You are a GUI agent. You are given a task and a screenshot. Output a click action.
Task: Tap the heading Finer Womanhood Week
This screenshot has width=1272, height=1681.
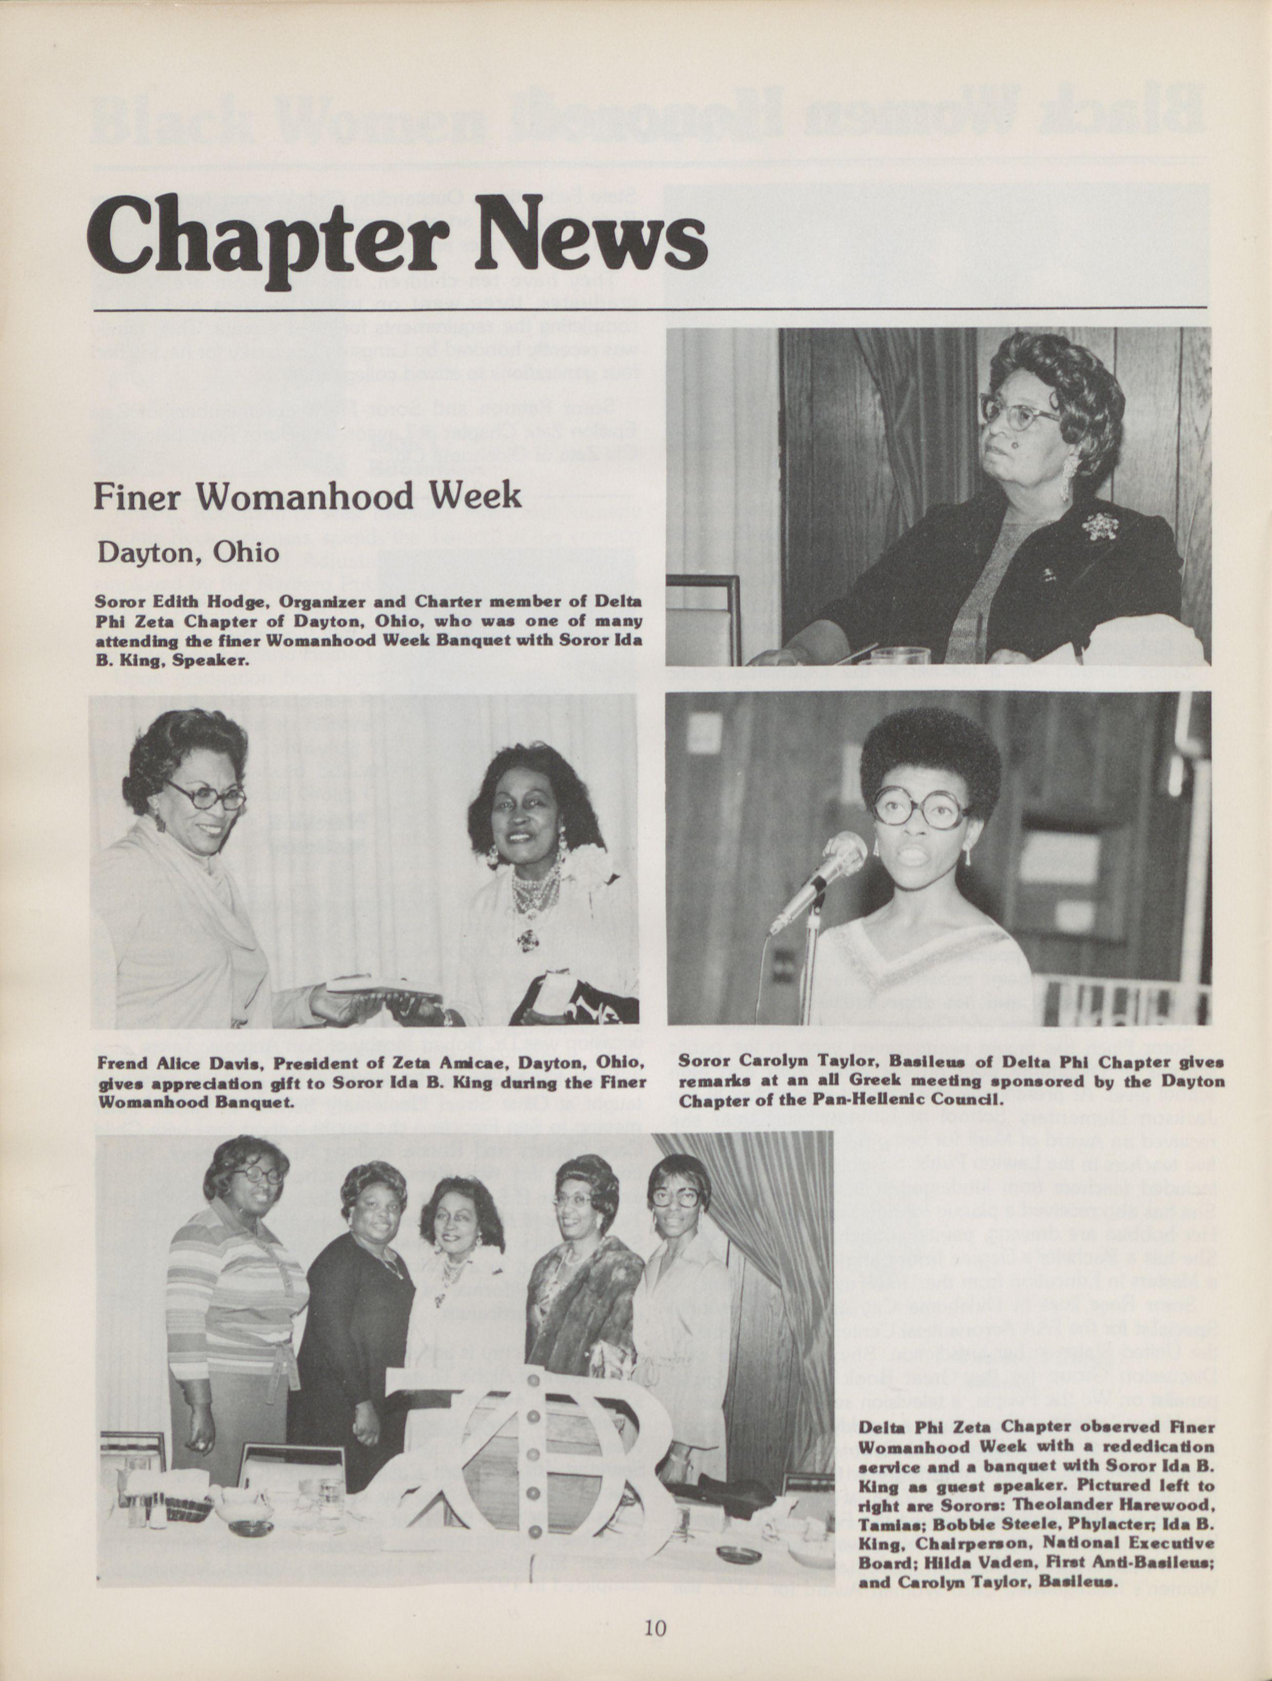tap(307, 496)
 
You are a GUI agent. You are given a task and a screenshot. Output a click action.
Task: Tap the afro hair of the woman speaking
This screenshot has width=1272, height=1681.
tap(929, 753)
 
